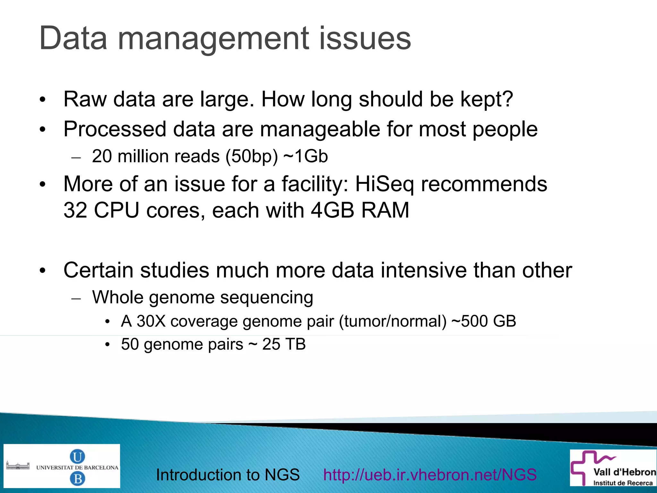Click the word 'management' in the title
[213, 39]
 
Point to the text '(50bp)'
[252, 157]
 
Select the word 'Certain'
[98, 270]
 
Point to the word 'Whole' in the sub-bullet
[118, 297]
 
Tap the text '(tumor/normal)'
[393, 321]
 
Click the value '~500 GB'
[484, 321]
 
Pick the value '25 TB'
[284, 344]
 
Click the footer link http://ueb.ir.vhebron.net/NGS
[430, 475]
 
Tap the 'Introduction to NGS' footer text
[227, 475]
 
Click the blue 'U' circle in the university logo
[77, 456]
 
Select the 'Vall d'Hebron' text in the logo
[624, 472]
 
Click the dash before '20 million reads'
[76, 157]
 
